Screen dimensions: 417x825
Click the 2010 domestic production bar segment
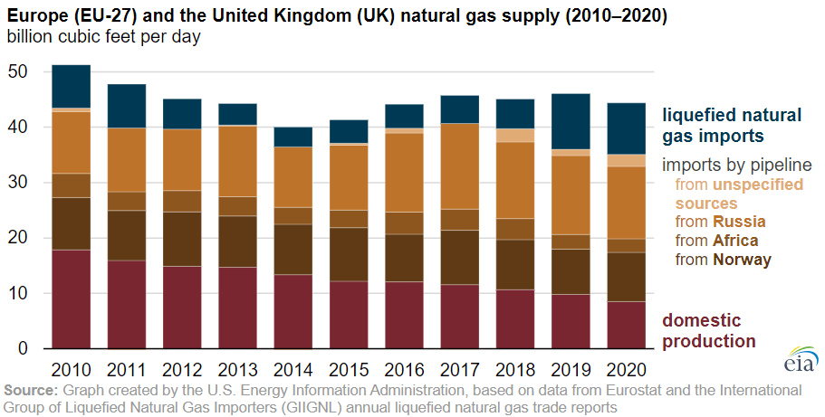pyautogui.click(x=71, y=299)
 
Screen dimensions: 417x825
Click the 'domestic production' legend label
pyautogui.click(x=709, y=331)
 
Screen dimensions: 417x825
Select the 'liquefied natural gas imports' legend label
pyautogui.click(x=732, y=126)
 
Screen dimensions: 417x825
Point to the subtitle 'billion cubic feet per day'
pyautogui.click(x=103, y=38)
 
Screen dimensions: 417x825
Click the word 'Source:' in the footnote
pyautogui.click(x=32, y=390)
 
